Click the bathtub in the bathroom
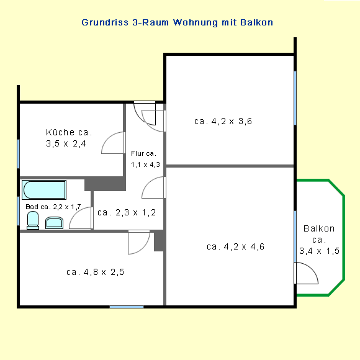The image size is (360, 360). click(44, 190)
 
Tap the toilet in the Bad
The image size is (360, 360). click(33, 220)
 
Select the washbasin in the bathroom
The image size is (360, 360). click(54, 223)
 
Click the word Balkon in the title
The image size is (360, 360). click(257, 22)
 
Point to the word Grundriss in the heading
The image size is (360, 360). click(105, 22)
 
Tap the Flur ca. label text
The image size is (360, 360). click(143, 153)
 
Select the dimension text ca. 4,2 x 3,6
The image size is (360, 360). click(223, 121)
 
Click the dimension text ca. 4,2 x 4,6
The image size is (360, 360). click(235, 246)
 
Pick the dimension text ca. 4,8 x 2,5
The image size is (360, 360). click(95, 272)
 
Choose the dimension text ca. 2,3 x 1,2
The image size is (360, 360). click(127, 213)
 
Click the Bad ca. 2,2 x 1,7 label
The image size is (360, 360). click(53, 207)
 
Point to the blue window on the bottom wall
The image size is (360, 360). click(127, 307)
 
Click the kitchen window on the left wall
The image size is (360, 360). click(19, 154)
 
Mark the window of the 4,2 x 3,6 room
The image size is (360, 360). click(295, 98)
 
